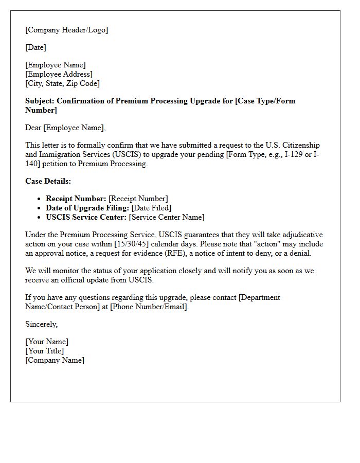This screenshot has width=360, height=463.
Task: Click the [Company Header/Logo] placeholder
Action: coord(67,30)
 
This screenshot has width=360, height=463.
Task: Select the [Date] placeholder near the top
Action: coord(36,47)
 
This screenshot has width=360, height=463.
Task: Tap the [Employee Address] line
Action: coord(59,74)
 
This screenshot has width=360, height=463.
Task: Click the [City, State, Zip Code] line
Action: coord(63,83)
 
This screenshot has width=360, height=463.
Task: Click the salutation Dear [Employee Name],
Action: coord(65,128)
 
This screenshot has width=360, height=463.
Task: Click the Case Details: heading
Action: coord(48,181)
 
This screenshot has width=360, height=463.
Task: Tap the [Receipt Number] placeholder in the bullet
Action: coord(138,199)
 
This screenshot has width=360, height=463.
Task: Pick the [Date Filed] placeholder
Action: coord(154,208)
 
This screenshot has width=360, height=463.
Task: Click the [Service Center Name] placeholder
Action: coord(167,217)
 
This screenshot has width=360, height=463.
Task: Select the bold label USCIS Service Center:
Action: coord(86,217)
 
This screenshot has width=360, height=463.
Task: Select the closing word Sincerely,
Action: coord(42,324)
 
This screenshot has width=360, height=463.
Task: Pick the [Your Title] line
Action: coord(45,351)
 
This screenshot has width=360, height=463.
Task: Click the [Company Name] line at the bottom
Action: coord(55,360)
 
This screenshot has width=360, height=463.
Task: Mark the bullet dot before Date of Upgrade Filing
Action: coord(40,208)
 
